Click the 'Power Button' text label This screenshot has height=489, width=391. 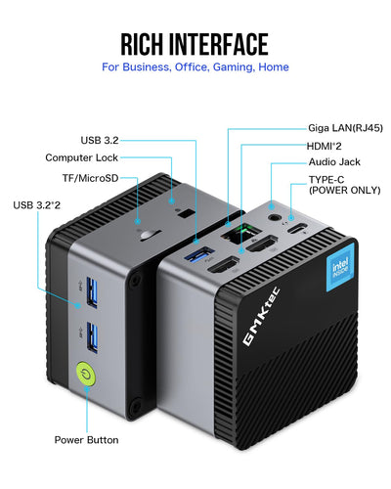[x=87, y=439]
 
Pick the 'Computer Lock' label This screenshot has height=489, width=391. [x=83, y=157]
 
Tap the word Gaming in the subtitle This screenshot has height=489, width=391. [x=236, y=67]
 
